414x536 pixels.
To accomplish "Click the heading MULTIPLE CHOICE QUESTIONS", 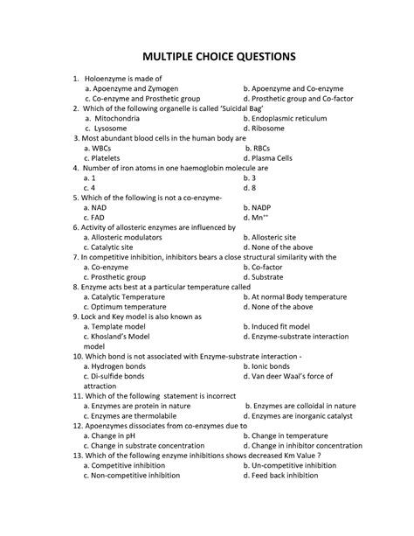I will click(207, 56).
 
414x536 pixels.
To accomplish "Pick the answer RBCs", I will click(263, 149).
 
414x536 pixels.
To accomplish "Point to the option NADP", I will click(266, 208).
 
